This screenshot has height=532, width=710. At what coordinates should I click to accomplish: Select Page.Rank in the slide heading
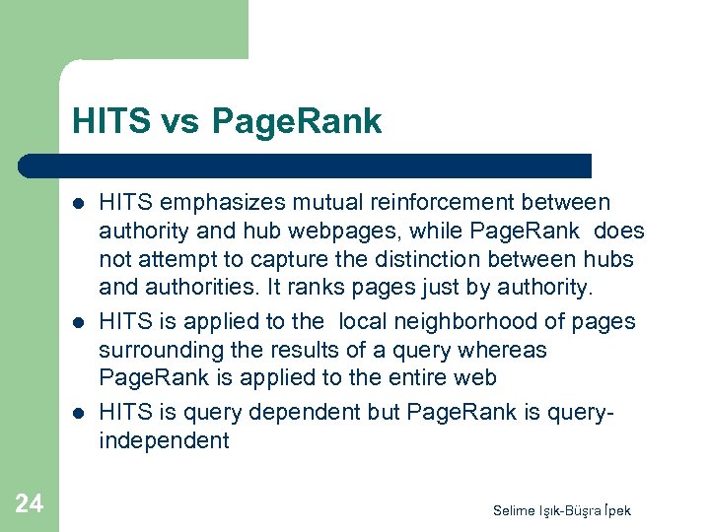[296, 121]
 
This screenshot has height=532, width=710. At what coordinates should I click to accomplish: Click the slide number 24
[30, 503]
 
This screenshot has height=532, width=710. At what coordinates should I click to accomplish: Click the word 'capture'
[249, 260]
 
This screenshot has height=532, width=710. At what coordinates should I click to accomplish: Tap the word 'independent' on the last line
[164, 440]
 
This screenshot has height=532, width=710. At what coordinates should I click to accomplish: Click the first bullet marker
[77, 204]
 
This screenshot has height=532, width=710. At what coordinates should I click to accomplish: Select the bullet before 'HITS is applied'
[77, 322]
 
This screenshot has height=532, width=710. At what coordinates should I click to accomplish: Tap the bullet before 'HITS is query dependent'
[77, 413]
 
